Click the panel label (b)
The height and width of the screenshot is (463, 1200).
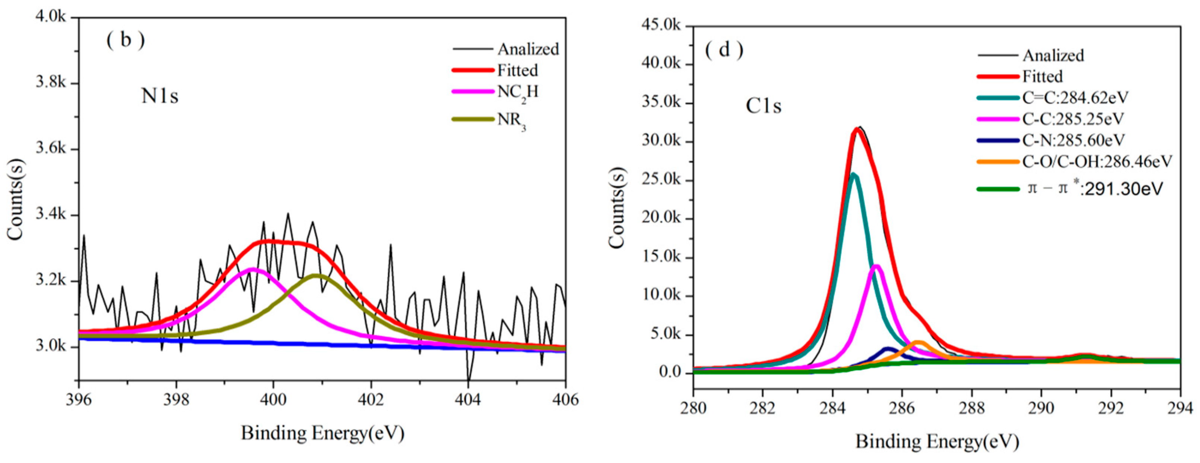click(125, 41)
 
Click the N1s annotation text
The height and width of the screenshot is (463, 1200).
click(160, 96)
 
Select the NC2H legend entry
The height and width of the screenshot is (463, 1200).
click(517, 92)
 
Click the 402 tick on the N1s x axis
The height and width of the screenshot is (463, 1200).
click(371, 400)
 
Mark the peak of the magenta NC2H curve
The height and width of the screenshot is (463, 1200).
click(252, 269)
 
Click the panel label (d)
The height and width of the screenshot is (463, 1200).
click(724, 49)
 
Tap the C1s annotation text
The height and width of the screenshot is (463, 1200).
click(764, 107)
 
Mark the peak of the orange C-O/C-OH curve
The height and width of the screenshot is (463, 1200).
click(918, 343)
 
